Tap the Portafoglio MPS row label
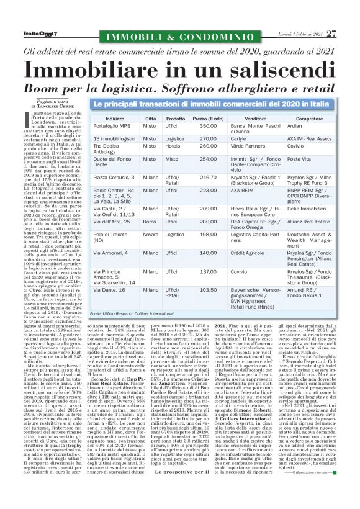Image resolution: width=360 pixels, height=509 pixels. (115, 126)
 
